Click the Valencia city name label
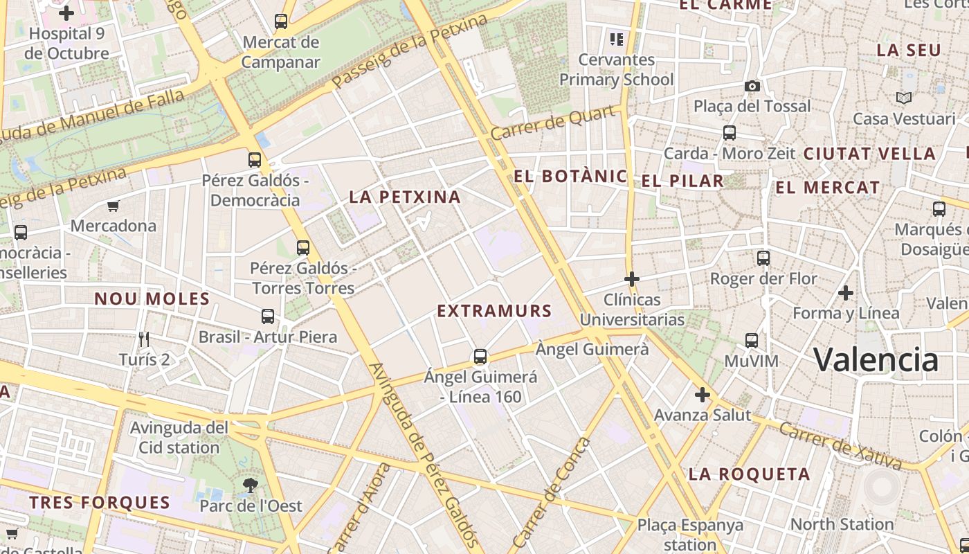876,359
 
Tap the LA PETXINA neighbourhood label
405,197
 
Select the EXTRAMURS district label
494,311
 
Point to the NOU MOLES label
152,299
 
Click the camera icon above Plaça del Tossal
752,86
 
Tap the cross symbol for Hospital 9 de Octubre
66,13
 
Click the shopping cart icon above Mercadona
113,206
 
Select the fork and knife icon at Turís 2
144,339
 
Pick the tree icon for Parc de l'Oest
251,485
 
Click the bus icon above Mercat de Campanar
280,21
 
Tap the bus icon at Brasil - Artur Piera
268,316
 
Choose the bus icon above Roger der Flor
763,258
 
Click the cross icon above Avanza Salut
703,395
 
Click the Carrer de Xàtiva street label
840,445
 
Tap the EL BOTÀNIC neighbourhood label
570,177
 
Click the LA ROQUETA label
749,474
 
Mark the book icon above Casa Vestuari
903,98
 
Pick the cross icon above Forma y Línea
846,293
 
